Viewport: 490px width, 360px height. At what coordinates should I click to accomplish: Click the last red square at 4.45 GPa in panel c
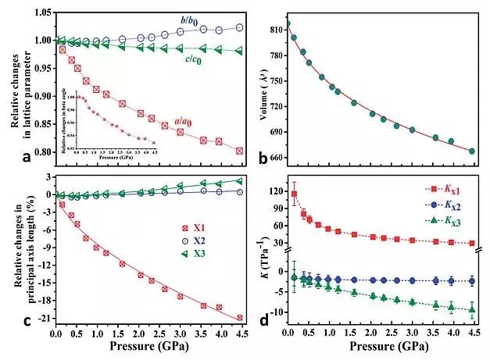tap(239, 317)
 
